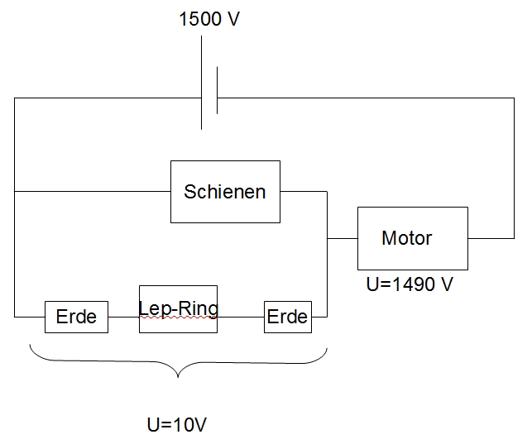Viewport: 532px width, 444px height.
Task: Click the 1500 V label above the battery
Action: click(209, 19)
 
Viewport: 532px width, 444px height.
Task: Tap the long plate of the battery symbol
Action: click(202, 83)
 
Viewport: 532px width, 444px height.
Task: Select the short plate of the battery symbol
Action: click(217, 90)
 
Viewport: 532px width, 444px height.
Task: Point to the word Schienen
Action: click(224, 192)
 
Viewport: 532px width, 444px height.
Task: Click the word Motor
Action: click(407, 238)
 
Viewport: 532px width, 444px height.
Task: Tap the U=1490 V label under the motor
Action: click(410, 284)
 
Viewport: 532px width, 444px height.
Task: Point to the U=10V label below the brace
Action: click(177, 424)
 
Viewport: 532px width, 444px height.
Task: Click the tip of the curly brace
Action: click(178, 377)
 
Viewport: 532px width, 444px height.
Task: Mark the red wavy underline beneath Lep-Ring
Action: click(178, 317)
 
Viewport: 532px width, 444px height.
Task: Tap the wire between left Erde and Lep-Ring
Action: click(123, 317)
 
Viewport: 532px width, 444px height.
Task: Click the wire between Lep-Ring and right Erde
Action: click(241, 317)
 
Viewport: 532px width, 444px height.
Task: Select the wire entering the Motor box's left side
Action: click(343, 239)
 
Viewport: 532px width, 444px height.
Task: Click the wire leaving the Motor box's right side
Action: click(491, 238)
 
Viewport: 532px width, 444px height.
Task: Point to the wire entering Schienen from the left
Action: click(93, 192)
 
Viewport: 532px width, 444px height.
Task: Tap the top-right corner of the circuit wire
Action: click(514, 98)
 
